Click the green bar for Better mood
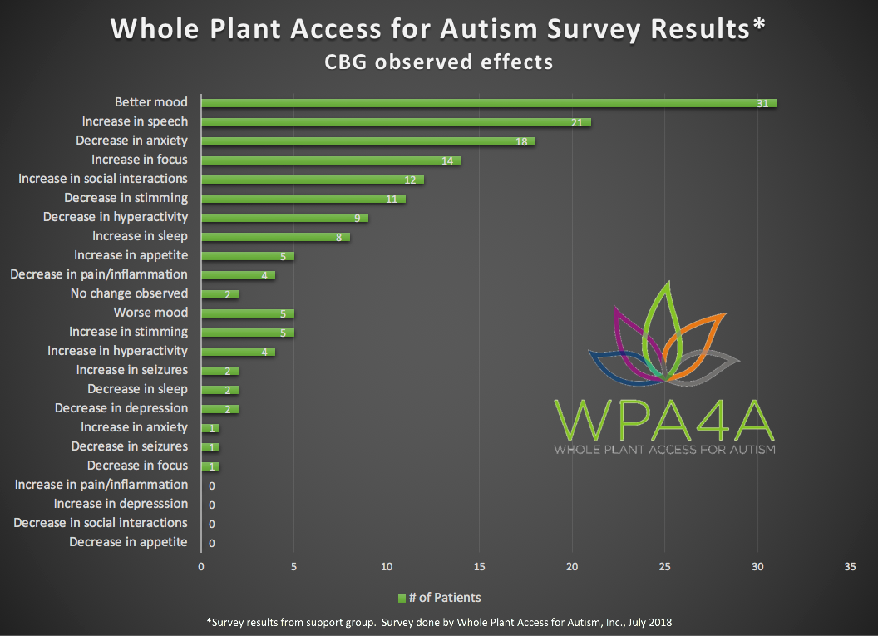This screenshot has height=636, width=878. (x=488, y=103)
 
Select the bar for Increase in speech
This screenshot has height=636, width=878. (x=396, y=122)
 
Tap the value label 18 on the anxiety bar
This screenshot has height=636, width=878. (x=521, y=141)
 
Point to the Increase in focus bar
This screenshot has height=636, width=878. (x=330, y=160)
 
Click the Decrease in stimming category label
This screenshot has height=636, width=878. (x=126, y=198)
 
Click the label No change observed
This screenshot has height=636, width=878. (x=129, y=293)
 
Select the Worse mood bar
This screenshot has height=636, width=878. (x=247, y=313)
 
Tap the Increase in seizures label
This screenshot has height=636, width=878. (x=131, y=370)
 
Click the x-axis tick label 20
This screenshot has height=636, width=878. (x=572, y=567)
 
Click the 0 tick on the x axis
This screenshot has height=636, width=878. (x=200, y=567)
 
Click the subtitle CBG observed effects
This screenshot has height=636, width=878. (x=438, y=62)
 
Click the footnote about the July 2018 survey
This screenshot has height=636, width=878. (x=438, y=622)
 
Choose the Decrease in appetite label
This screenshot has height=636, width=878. (x=128, y=542)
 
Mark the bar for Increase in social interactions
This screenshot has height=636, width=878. (x=312, y=180)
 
